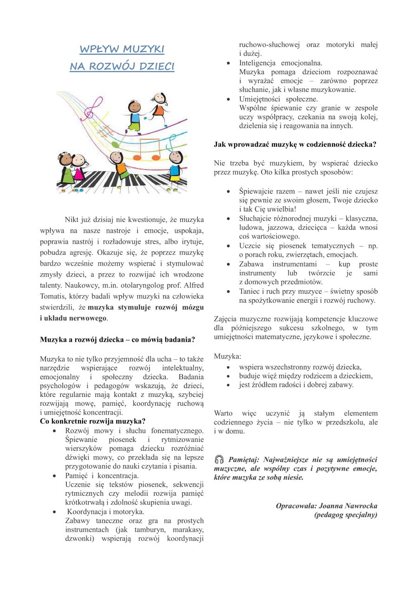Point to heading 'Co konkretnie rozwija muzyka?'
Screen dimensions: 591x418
93,422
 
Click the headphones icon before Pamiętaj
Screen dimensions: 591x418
219,460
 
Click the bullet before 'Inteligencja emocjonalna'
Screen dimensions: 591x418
229,63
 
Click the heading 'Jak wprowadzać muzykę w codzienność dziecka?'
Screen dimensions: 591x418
295,144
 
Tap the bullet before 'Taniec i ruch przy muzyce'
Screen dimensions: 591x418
229,292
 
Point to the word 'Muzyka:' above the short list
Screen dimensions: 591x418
228,356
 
